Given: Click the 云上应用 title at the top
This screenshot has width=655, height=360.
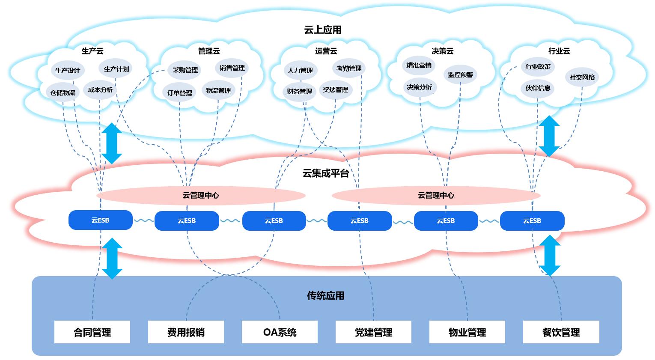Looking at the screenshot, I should point(323,30).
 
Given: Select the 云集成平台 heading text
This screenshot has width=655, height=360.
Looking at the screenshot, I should point(325,173).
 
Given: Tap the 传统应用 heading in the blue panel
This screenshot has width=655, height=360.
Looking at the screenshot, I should point(325,296).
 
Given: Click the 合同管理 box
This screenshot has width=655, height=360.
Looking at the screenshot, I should point(92,332).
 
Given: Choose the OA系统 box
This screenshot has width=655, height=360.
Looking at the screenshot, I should point(280,332).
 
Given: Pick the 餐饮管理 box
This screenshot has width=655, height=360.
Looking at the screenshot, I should point(561,332).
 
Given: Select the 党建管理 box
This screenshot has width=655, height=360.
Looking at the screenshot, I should point(373,332).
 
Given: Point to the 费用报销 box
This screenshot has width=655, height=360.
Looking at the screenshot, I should point(186,332).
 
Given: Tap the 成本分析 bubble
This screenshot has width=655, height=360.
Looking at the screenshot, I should point(101,90).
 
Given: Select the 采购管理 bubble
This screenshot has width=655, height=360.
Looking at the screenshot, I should point(185,70).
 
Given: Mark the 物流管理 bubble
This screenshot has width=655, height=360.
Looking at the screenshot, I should point(218,91).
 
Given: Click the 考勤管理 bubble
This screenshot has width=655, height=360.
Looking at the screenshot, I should point(349,68).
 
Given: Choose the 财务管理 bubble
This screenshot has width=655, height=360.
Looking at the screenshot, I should point(300,92).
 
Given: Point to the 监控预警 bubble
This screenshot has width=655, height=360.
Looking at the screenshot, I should point(460,75).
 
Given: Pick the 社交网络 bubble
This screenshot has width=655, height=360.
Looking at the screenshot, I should point(582,77).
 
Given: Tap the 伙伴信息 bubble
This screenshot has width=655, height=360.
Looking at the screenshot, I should point(538,88).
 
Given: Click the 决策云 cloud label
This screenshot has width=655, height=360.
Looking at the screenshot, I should point(442,51).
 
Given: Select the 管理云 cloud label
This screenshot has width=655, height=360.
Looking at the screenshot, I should point(209,51).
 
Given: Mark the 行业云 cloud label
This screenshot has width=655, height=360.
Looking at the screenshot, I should point(559,51).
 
